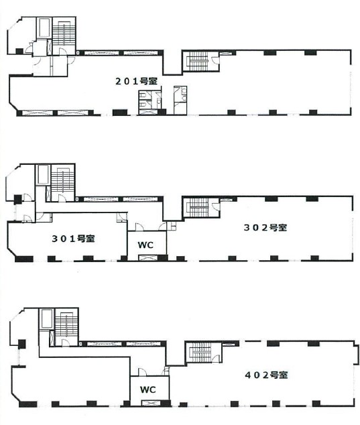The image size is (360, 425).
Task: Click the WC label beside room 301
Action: click(x=145, y=245)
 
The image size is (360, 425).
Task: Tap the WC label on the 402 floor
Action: click(x=147, y=389)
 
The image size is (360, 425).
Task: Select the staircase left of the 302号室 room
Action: click(x=198, y=207)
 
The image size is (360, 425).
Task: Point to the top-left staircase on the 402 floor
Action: click(x=66, y=324)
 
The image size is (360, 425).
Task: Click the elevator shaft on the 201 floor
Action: click(x=44, y=29)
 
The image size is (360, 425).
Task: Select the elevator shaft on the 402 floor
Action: click(x=46, y=318)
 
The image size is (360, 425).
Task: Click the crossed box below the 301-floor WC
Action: click(x=146, y=258)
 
